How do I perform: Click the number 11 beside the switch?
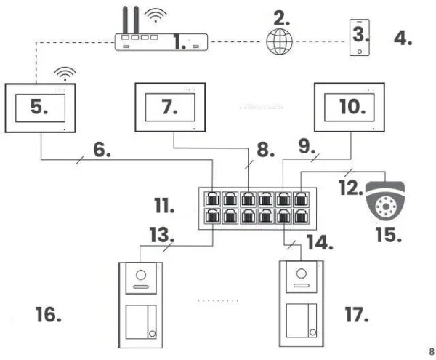coord(164,207)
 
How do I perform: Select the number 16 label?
coord(48,315)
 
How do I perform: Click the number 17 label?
coord(355,315)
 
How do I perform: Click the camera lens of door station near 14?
coord(300,276)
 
